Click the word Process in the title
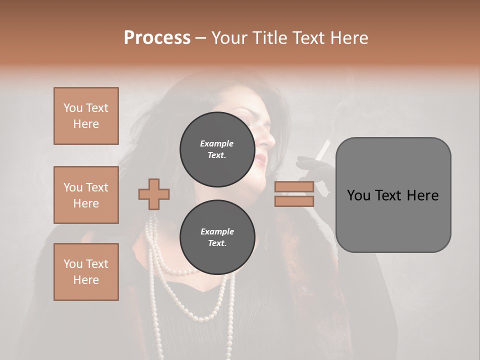click(157, 38)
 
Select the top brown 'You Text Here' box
click(86, 116)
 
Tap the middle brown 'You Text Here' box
click(86, 195)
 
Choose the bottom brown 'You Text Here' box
click(86, 272)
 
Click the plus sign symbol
click(154, 194)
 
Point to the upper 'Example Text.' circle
click(217, 149)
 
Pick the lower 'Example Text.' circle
click(217, 237)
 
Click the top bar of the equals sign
click(294, 186)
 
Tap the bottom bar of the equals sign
click(294, 201)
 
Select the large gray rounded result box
click(393, 195)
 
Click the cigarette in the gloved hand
click(324, 148)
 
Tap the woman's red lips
click(260, 159)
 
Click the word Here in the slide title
click(348, 38)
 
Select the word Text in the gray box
click(393, 195)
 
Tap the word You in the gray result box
click(359, 195)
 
